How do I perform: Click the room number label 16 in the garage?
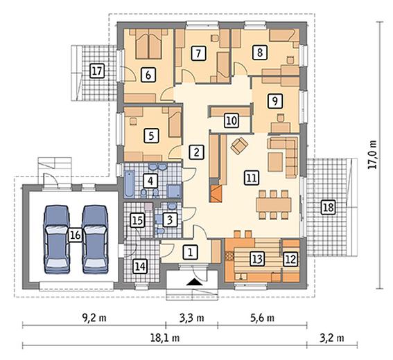click(76, 235)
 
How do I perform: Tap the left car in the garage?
click(57, 239)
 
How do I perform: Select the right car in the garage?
click(95, 239)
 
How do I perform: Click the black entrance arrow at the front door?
click(195, 282)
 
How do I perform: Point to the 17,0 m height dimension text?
click(373, 154)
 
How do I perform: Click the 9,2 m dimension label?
click(94, 318)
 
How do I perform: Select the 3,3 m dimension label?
click(192, 318)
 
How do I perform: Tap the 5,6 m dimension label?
click(262, 318)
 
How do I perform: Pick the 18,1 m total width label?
click(165, 338)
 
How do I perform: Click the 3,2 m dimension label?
click(332, 338)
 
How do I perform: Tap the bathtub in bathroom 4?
click(130, 183)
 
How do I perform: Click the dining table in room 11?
click(274, 204)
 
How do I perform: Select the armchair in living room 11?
click(239, 145)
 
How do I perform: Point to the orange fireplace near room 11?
click(216, 194)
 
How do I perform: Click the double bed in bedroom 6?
click(148, 44)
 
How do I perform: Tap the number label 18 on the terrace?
click(329, 208)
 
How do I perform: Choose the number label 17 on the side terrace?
click(97, 71)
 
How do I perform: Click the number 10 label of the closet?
click(232, 120)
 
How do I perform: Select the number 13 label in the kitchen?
click(257, 259)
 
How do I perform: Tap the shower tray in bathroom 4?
click(174, 191)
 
